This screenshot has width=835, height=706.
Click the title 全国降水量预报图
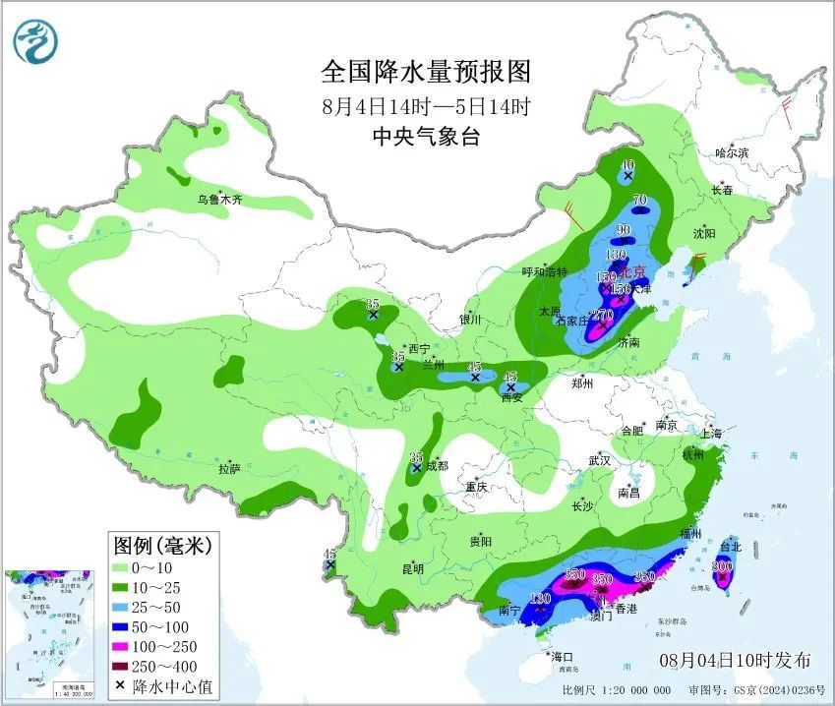click(426, 72)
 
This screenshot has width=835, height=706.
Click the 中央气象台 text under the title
click(426, 137)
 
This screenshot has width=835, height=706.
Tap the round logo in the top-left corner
click(36, 40)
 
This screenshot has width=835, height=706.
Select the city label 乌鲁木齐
click(218, 199)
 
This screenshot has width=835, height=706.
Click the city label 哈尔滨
click(731, 153)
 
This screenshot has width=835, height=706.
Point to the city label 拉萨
click(229, 469)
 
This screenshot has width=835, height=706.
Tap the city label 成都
click(436, 466)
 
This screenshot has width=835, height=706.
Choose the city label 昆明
click(413, 568)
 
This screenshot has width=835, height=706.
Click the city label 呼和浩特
click(544, 272)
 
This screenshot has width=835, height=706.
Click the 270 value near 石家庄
click(602, 315)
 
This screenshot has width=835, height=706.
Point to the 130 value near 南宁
click(540, 598)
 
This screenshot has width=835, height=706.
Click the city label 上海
click(710, 434)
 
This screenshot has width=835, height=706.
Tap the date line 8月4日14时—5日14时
click(426, 105)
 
